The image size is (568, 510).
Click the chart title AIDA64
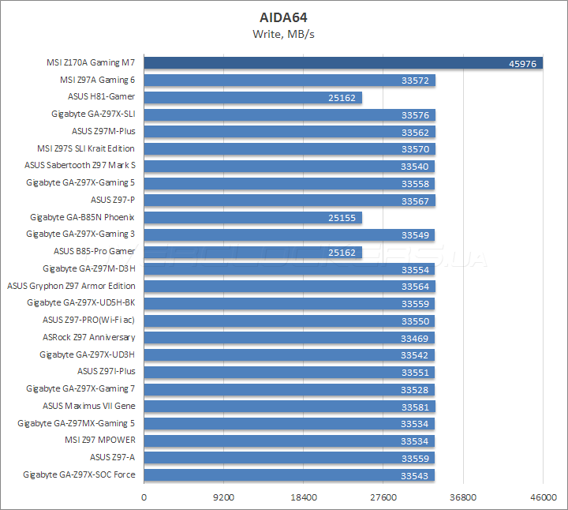pyautogui.click(x=284, y=17)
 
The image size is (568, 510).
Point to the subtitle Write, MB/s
pyautogui.click(x=284, y=34)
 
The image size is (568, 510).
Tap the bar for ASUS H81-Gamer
pyautogui.click(x=237, y=97)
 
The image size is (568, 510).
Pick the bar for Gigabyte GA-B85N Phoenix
pyautogui.click(x=237, y=217)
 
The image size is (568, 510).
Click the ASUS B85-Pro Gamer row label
pyautogui.click(x=94, y=251)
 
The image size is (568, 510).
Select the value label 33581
pyautogui.click(x=416, y=407)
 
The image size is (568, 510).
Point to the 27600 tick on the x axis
pyautogui.click(x=383, y=498)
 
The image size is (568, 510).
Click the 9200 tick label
pyautogui.click(x=223, y=498)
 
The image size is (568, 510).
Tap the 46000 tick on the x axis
pyautogui.click(x=543, y=498)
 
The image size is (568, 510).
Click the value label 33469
pyautogui.click(x=415, y=338)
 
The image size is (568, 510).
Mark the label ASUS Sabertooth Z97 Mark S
pyautogui.click(x=80, y=165)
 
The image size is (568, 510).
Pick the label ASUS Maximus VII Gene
pyautogui.click(x=88, y=406)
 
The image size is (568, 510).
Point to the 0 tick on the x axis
pyautogui.click(x=144, y=498)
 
